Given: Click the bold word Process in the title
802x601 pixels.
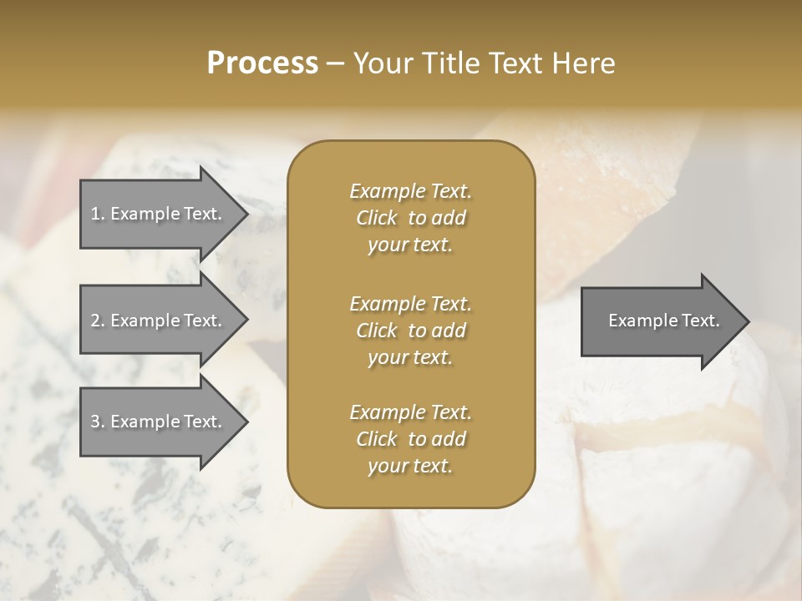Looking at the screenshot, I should [x=262, y=63].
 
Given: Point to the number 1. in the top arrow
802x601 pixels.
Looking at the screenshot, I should [x=98, y=214].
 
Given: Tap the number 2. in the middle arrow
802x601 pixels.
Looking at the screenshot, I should [x=98, y=321].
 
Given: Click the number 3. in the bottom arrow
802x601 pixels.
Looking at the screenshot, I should [x=98, y=422].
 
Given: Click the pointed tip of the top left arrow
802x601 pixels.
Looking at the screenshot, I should [x=245, y=214].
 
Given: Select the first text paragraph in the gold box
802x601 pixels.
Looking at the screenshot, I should [x=410, y=218].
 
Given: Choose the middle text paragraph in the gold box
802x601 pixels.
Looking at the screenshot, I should [x=410, y=331].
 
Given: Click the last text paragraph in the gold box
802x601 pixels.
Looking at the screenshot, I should [x=410, y=439].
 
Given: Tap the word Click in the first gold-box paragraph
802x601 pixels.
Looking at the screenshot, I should [x=376, y=218].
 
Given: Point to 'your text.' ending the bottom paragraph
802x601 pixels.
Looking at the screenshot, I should [x=410, y=466].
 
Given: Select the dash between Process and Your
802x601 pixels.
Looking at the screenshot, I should [x=335, y=63].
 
